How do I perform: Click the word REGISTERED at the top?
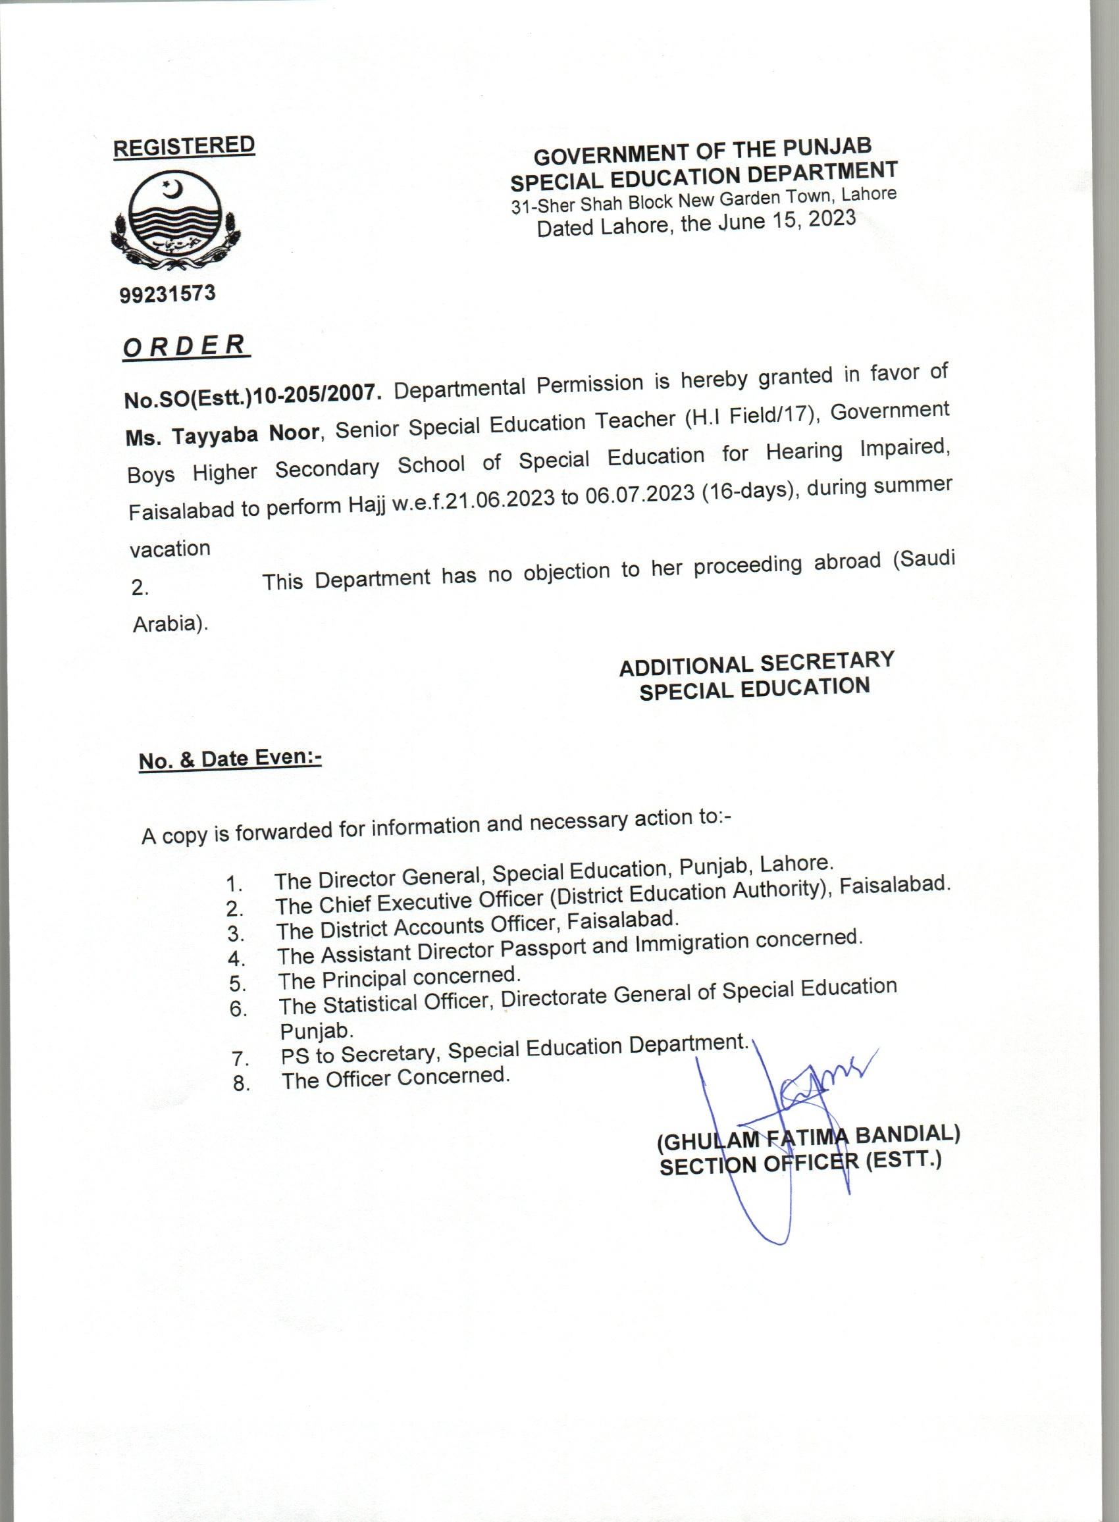coord(184,146)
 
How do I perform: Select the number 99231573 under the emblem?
coord(167,294)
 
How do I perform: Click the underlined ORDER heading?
coord(185,346)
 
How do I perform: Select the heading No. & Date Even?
coord(230,759)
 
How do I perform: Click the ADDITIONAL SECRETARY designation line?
coord(756,663)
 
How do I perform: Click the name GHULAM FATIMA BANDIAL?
coord(809,1138)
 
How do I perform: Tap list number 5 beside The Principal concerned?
coord(237,984)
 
